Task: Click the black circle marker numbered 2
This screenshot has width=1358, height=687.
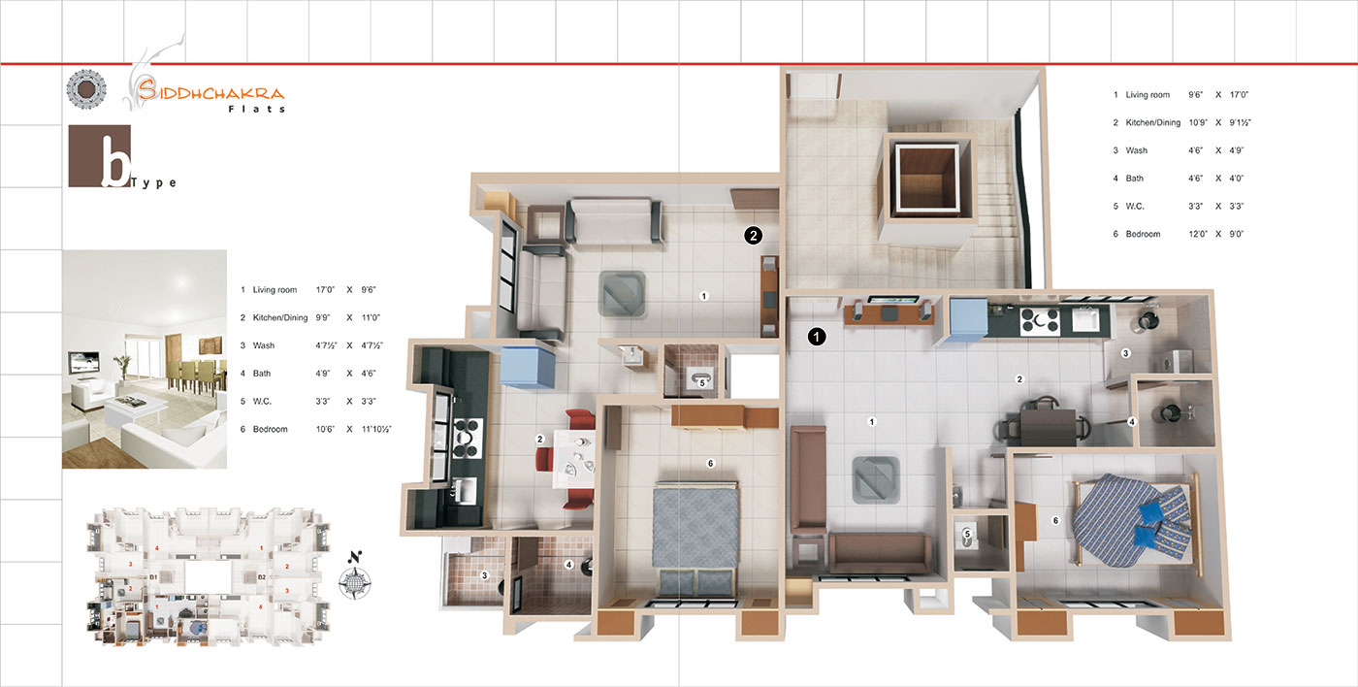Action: [753, 235]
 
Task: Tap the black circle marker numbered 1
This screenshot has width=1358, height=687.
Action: [817, 337]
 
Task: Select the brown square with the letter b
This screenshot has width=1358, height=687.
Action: [99, 156]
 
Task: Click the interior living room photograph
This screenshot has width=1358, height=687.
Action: [145, 359]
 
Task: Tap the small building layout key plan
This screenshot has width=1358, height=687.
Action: [209, 576]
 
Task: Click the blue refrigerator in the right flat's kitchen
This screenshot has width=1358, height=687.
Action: [968, 317]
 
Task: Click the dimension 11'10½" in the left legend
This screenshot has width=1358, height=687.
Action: [376, 429]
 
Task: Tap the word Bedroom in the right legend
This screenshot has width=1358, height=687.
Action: [1143, 234]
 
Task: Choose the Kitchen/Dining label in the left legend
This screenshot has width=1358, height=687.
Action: [280, 317]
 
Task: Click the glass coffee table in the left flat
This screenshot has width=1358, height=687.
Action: [623, 293]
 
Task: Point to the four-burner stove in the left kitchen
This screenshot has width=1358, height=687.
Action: [467, 438]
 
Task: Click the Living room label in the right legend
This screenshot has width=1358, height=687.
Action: [1148, 94]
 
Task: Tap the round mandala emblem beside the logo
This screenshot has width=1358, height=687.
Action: [86, 89]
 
